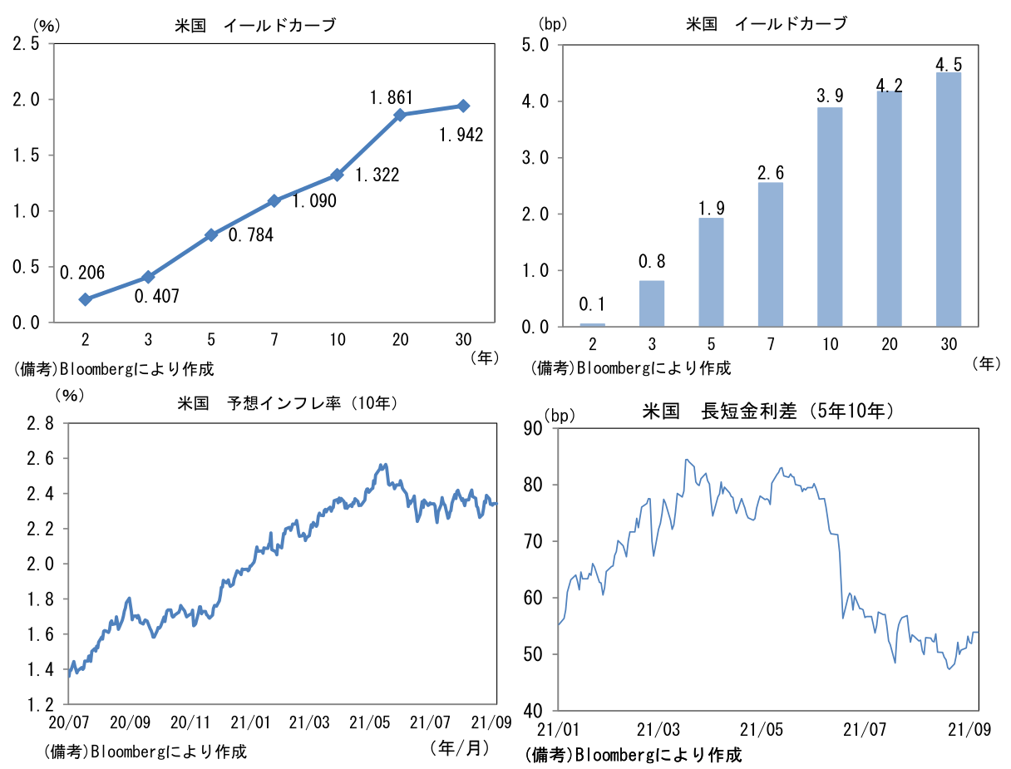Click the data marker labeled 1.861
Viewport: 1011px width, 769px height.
[400, 115]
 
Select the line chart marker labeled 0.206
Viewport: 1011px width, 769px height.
[85, 298]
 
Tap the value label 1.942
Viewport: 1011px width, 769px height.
[461, 134]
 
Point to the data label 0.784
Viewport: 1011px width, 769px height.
[252, 234]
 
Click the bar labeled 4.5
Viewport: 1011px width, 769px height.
[949, 200]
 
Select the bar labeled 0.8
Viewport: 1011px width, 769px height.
[652, 303]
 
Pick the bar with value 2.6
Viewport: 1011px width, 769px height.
[771, 254]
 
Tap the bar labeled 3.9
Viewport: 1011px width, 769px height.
[830, 217]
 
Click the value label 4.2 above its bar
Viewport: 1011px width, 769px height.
[890, 85]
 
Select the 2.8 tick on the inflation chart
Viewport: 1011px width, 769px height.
[40, 424]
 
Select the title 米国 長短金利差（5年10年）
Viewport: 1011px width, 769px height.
[768, 411]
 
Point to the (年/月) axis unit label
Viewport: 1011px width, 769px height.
[459, 747]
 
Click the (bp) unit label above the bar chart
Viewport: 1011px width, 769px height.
[553, 24]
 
